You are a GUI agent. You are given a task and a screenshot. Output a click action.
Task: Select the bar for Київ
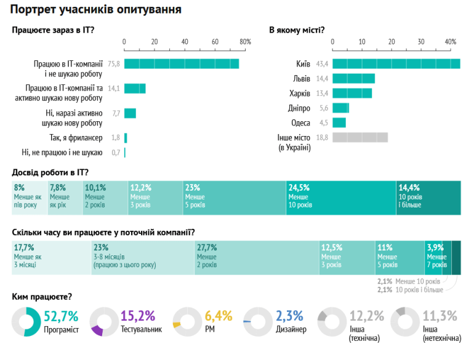tap(396, 64)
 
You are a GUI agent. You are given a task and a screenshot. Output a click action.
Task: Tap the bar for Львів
tap(353, 79)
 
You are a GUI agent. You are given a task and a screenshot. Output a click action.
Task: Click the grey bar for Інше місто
tap(360, 138)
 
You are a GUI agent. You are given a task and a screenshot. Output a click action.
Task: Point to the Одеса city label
tap(300, 122)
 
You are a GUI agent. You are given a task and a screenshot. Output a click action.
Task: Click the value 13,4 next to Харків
tap(323, 94)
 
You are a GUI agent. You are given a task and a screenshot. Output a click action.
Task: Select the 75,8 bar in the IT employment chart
tap(182, 64)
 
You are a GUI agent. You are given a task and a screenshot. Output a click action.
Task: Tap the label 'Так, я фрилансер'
tap(76, 138)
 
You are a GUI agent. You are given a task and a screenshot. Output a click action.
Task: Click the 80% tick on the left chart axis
tap(245, 42)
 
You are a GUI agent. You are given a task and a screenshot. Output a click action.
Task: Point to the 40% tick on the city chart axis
tap(450, 42)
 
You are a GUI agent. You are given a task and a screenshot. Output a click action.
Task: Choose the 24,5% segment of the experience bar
tap(340, 198)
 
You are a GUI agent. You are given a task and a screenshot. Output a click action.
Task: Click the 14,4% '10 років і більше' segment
tap(428, 198)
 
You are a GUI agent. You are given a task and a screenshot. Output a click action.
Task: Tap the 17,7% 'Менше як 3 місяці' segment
tap(51, 258)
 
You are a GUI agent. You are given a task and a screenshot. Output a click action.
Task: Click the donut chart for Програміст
tap(26, 322)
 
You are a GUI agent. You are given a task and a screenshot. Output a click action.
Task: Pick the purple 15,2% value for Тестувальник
tap(139, 316)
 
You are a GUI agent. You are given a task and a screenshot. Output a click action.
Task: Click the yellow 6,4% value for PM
tap(219, 316)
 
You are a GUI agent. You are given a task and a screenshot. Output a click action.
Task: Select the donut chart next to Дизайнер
tap(257, 322)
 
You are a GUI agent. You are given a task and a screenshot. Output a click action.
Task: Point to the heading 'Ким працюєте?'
tap(42, 297)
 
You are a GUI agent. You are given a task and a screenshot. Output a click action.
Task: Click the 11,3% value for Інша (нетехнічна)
tap(440, 316)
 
